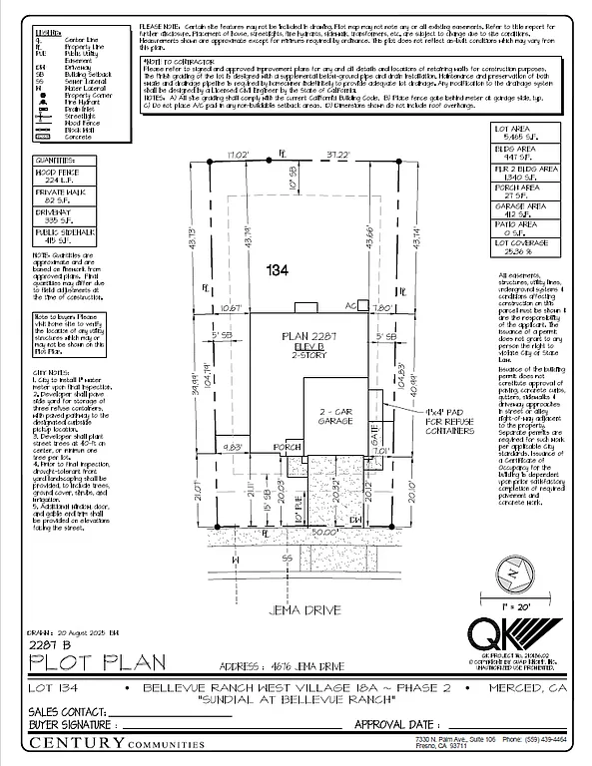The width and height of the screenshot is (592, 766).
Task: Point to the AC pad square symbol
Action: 363,305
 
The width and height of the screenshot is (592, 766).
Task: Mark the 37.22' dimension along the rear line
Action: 335,155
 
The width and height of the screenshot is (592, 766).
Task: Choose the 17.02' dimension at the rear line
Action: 237,155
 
